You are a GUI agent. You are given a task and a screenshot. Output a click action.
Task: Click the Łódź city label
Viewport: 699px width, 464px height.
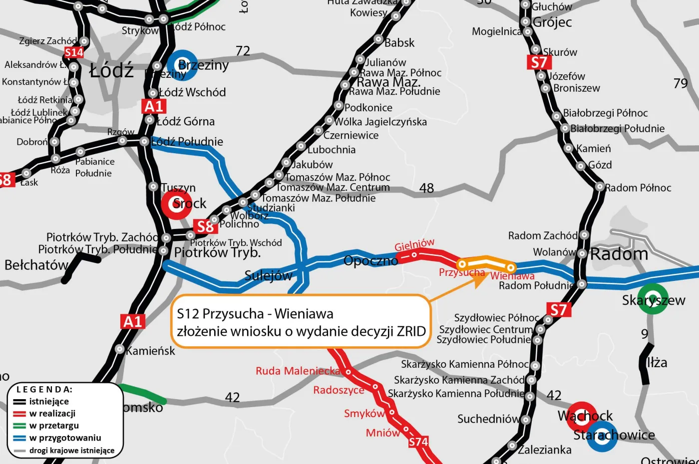[112, 70]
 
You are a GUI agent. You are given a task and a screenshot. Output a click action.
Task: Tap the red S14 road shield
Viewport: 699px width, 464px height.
[74, 52]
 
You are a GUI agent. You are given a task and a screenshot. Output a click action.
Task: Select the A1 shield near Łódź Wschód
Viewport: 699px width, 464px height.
[154, 106]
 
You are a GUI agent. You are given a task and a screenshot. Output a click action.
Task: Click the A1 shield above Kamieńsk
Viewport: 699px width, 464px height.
[133, 322]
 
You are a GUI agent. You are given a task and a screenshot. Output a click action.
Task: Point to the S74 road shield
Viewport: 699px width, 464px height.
[418, 442]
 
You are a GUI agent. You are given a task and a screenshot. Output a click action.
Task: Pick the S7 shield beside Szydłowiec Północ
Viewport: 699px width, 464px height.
[558, 310]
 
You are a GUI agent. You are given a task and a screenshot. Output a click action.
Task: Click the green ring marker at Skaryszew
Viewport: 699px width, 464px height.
[653, 299]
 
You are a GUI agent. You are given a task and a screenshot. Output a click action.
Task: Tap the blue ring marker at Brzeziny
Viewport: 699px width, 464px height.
[182, 65]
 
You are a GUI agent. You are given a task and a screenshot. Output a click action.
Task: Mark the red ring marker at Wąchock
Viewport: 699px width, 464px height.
[582, 416]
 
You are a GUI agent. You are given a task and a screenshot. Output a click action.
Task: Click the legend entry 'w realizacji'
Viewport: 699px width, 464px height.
[52, 414]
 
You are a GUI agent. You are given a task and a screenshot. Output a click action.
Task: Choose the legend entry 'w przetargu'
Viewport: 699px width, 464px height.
[54, 426]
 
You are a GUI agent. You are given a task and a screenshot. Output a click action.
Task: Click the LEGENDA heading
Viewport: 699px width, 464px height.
[44, 390]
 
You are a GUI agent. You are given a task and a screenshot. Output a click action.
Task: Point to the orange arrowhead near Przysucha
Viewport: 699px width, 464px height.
[481, 279]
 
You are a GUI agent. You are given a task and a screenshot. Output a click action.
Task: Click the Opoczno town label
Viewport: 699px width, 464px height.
[370, 261]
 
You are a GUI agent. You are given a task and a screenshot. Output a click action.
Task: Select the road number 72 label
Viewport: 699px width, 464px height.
[243, 51]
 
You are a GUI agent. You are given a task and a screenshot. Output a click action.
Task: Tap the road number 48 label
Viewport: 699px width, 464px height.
[426, 188]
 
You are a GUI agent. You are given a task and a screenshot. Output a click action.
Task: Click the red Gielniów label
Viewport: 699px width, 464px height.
[414, 244]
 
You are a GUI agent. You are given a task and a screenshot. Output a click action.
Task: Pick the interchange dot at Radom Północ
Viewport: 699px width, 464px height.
[600, 187]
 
